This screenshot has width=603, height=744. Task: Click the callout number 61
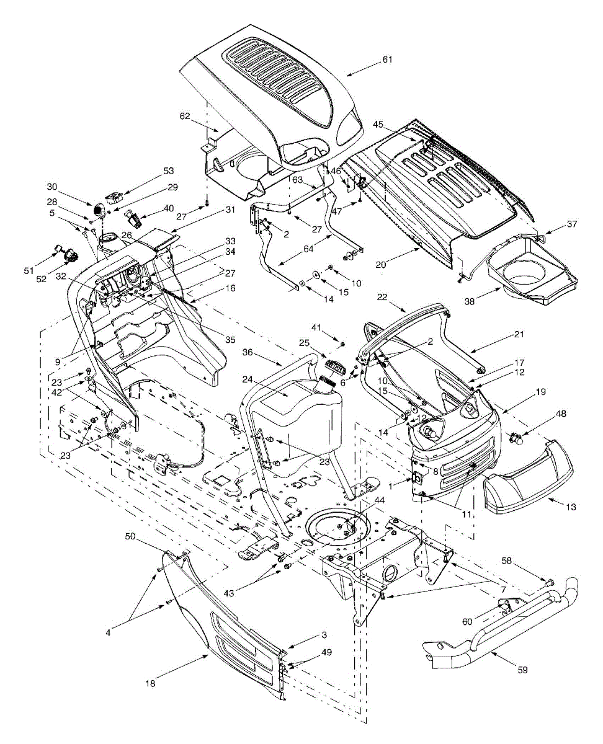pyautogui.click(x=388, y=59)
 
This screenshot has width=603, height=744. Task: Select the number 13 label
pyautogui.click(x=571, y=507)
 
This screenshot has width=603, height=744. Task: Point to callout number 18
pyautogui.click(x=150, y=683)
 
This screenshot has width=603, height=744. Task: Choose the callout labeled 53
pyautogui.click(x=151, y=170)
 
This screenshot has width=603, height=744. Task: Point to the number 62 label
pyautogui.click(x=184, y=115)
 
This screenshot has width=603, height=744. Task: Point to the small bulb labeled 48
pyautogui.click(x=514, y=438)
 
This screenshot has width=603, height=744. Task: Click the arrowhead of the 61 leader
pyautogui.click(x=347, y=75)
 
